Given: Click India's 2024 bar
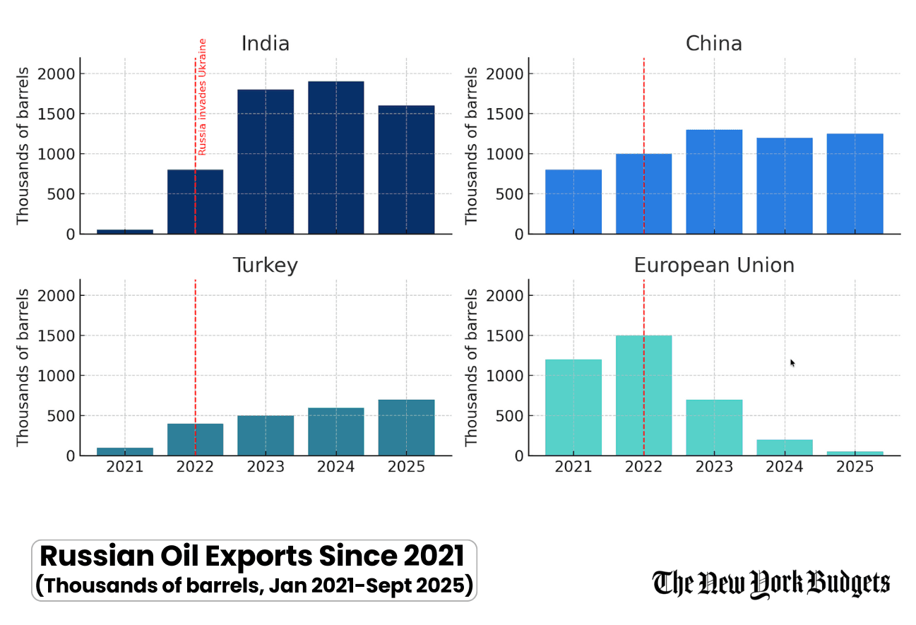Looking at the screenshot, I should [335, 157].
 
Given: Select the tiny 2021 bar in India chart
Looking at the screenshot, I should [125, 231].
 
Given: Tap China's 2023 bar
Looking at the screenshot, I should [714, 181].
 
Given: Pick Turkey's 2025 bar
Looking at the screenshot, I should [406, 427].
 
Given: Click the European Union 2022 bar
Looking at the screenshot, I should [643, 395].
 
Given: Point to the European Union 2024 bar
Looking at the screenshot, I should [784, 448].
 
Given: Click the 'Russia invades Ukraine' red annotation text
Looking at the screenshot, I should [202, 97].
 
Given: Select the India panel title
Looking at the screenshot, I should [265, 44].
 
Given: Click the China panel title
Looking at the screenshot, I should [713, 44].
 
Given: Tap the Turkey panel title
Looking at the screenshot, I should [265, 266].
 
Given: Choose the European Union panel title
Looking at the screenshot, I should [713, 266].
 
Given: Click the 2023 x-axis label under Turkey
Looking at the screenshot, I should [266, 468].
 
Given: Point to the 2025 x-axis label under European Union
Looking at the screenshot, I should [855, 468].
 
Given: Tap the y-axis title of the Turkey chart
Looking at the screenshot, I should [23, 367].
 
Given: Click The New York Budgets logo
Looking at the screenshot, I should [771, 583].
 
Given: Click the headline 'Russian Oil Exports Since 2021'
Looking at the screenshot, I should [251, 556].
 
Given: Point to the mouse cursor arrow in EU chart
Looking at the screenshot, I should [792, 362].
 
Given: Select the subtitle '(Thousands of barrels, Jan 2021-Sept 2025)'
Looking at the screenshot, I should [254, 586].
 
